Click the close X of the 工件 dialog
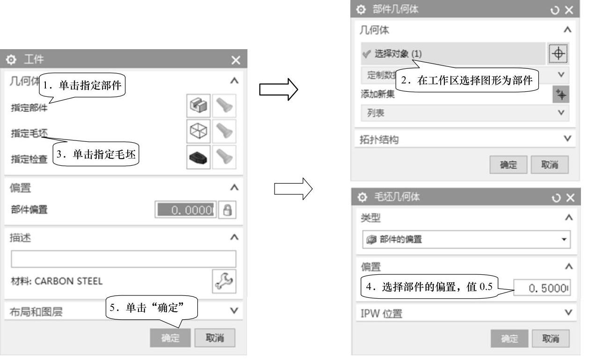tap(236, 60)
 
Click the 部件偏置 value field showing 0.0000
tap(185, 211)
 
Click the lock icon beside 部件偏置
tap(227, 211)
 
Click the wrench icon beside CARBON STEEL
tap(224, 281)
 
